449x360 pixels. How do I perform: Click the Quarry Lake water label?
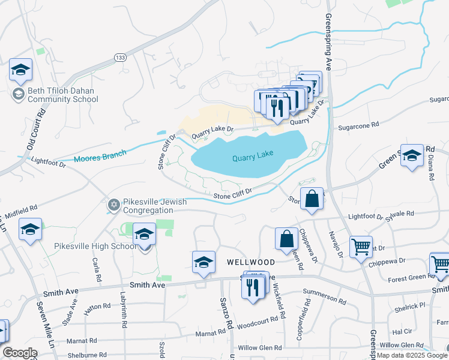pos(253,155)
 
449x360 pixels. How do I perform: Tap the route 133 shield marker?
pos(120,58)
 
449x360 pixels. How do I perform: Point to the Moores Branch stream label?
pos(100,157)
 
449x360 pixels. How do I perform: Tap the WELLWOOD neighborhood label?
pos(251,263)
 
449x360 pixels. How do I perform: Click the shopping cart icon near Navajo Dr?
pos(361,246)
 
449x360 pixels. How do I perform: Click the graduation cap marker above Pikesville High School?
pos(144,234)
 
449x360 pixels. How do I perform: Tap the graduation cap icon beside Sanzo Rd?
pos(204,262)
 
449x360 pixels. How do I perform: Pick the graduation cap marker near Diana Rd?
pos(412,156)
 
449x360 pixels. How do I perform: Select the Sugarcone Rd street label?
pos(359,125)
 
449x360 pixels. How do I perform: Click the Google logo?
pos(20,353)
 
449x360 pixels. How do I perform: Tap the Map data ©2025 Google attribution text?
pos(412,355)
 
